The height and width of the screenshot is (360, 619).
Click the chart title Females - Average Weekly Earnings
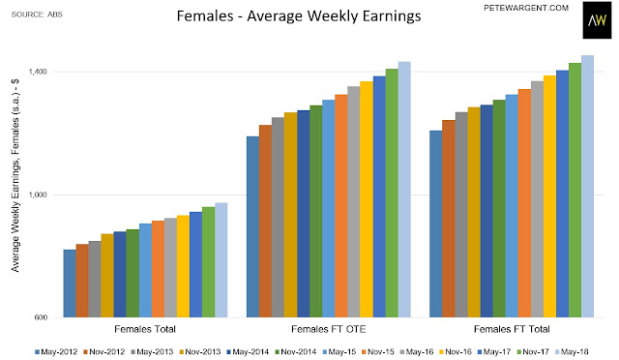(x=299, y=16)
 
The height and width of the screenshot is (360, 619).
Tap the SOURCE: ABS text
(x=37, y=15)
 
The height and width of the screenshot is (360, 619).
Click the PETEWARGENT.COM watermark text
(x=526, y=8)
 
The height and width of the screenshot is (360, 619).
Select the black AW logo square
(x=597, y=19)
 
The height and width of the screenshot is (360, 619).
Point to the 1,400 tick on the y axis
(x=37, y=72)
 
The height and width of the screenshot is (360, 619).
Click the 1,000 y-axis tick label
(x=37, y=195)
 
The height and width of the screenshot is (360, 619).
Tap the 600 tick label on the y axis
(x=41, y=317)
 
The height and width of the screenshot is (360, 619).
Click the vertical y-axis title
(x=15, y=175)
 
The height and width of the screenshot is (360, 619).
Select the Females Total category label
(x=145, y=329)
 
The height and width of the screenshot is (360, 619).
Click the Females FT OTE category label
(x=329, y=329)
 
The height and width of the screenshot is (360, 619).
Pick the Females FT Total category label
(x=512, y=329)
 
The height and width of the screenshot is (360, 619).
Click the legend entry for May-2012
(x=56, y=351)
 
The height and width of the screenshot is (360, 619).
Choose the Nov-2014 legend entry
(x=295, y=351)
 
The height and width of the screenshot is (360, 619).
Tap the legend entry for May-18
(x=572, y=351)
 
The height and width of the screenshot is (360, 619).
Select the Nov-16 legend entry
(x=456, y=351)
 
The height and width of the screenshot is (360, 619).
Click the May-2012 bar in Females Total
(x=70, y=284)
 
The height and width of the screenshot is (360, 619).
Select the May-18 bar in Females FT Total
(x=587, y=186)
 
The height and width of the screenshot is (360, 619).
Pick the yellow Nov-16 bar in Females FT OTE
(x=367, y=199)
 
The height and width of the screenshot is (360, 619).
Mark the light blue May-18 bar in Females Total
(x=221, y=260)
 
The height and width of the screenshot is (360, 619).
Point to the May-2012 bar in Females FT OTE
(x=252, y=226)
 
